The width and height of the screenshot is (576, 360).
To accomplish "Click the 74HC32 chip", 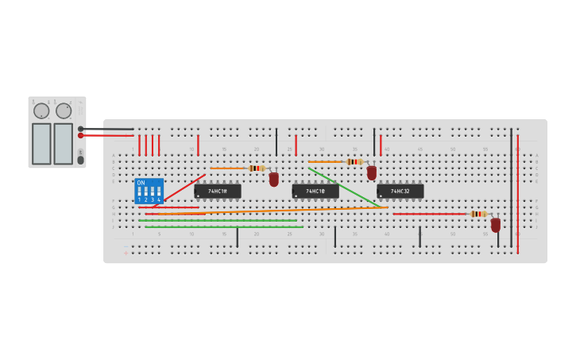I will click(400, 192).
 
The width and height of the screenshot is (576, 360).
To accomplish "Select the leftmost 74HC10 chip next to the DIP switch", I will click(218, 192).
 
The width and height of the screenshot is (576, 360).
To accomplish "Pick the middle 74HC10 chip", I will click(315, 192).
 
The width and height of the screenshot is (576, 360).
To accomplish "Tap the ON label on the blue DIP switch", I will click(141, 183).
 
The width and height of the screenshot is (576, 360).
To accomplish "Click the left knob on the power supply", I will click(41, 110).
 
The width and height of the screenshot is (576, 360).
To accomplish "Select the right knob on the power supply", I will click(64, 110).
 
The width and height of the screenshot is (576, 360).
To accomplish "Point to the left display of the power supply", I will click(41, 143).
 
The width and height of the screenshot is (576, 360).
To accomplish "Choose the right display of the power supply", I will click(64, 143).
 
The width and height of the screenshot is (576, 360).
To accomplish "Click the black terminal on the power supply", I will click(81, 129).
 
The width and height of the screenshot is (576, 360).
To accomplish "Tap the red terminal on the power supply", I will click(81, 136).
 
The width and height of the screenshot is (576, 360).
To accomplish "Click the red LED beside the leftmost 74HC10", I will click(274, 180).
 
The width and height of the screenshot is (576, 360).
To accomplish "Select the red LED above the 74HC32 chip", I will click(372, 172).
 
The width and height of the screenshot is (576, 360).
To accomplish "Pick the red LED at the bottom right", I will click(496, 225).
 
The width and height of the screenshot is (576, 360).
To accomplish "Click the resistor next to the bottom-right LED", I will click(477, 214).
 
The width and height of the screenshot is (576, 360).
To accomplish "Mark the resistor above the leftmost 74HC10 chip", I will click(256, 168).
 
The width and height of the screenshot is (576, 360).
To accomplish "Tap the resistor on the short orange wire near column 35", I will click(354, 161).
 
